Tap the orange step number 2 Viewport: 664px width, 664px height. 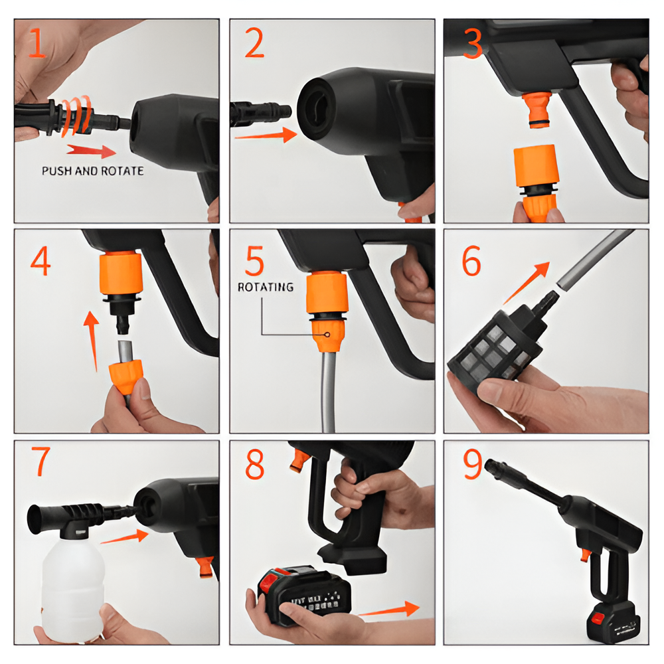[254, 43]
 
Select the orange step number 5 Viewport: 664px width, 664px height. [254, 260]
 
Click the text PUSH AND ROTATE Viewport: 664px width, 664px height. [92, 171]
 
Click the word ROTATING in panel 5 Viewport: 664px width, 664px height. [266, 287]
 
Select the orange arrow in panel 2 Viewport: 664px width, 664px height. [265, 135]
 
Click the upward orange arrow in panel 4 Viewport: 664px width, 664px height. [92, 339]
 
